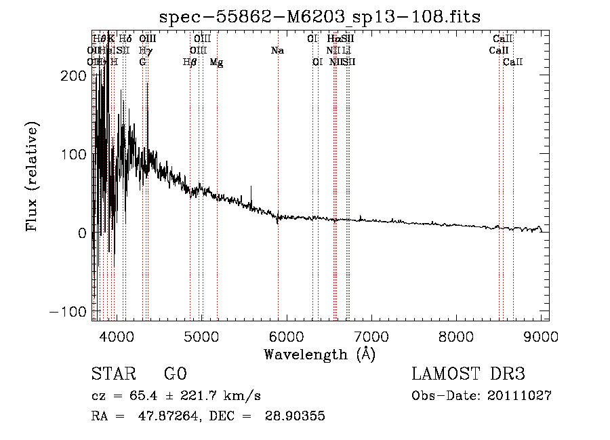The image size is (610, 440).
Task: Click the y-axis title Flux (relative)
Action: tap(32, 176)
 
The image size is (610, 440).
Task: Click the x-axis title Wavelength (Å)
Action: tap(319, 354)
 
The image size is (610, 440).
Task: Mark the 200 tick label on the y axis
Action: tap(75, 76)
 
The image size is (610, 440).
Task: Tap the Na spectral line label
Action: tap(277, 51)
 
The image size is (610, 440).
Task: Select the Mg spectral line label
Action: tap(217, 62)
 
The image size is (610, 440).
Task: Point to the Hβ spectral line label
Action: tap(190, 62)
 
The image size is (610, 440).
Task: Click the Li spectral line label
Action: tap(346, 51)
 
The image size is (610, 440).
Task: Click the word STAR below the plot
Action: tap(113, 374)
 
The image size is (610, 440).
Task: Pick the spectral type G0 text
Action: tap(175, 374)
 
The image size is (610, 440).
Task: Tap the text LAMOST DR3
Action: tap(468, 374)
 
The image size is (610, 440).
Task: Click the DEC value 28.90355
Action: tap(296, 416)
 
